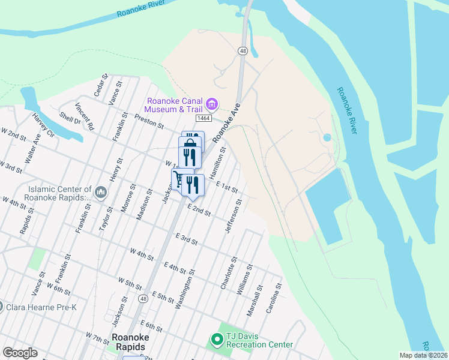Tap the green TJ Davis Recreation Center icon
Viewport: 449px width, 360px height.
216,340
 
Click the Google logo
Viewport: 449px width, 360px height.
20,353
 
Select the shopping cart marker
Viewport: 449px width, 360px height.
178,178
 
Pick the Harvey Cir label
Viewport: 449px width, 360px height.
43,124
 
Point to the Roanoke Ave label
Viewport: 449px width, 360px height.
228,119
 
